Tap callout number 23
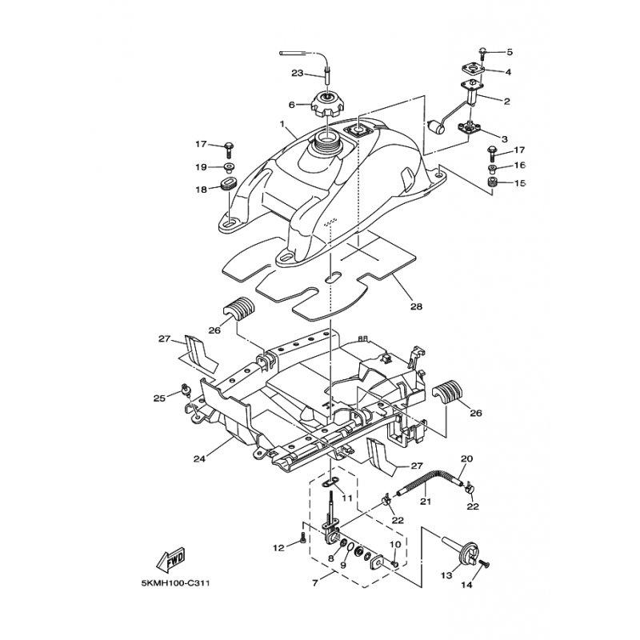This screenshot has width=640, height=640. [297, 74]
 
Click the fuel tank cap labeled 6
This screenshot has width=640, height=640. [327, 105]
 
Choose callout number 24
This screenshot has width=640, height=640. [199, 459]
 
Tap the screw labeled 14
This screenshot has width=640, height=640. [484, 566]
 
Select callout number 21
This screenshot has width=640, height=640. [425, 502]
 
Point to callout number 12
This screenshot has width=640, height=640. [278, 549]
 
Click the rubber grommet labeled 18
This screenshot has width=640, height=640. [225, 189]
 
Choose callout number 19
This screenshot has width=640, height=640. [202, 167]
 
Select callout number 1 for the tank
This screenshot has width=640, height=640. [282, 125]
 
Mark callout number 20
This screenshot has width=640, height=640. [468, 458]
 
